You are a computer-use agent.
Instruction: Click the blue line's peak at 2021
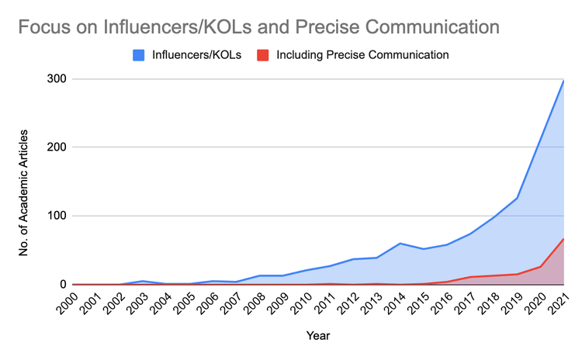click(x=563, y=81)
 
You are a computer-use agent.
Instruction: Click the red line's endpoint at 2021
click(x=563, y=239)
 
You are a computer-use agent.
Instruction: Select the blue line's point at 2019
click(x=517, y=199)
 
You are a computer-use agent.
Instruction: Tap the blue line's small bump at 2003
click(x=144, y=281)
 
